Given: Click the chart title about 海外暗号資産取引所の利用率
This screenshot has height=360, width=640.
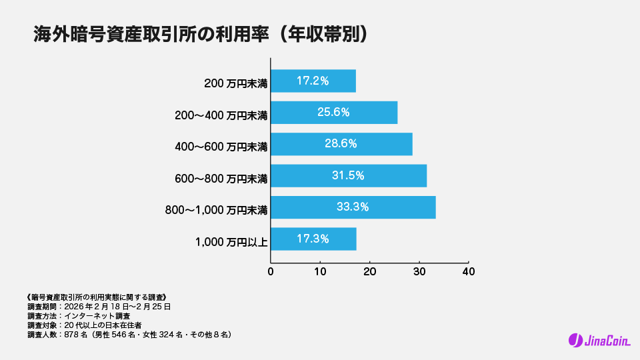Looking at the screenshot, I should (x=201, y=35).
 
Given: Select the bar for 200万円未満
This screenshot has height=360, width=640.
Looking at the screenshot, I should (x=313, y=81).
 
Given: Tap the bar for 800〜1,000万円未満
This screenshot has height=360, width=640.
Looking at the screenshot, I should (x=353, y=207).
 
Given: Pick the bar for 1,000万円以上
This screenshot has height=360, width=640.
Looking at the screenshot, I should (x=313, y=239).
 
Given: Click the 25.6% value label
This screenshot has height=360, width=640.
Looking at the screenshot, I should (x=333, y=113).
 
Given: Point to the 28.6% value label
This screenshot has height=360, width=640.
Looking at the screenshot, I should (x=341, y=144).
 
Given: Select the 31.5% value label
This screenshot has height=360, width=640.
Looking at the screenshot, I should (x=348, y=175).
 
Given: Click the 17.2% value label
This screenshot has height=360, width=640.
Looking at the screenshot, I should (x=313, y=81).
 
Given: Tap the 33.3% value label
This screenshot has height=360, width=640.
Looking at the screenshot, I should (x=353, y=207).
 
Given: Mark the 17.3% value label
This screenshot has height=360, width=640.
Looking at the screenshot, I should (x=313, y=239).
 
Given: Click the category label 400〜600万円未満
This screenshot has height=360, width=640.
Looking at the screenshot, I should (x=221, y=147).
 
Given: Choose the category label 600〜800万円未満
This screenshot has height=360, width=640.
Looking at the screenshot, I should (x=221, y=179).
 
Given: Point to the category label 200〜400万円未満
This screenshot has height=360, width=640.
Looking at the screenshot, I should (x=221, y=115).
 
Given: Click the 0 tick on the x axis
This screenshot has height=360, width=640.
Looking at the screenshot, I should (x=271, y=272).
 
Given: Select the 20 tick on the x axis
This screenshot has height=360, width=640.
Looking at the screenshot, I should (x=370, y=272).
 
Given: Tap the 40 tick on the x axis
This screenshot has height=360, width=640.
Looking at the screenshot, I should (x=469, y=272).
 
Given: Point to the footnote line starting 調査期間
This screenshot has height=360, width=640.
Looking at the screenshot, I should (x=99, y=307).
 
